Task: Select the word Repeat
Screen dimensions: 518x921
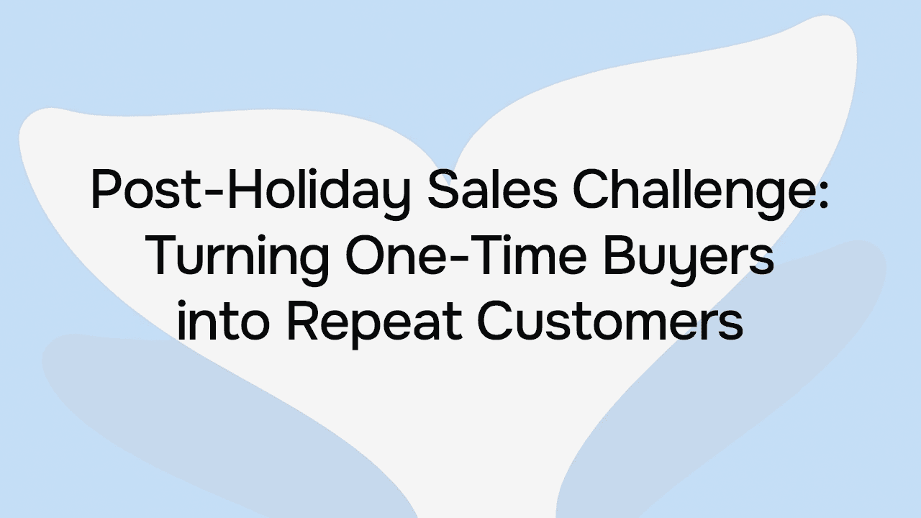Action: click(373, 322)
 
